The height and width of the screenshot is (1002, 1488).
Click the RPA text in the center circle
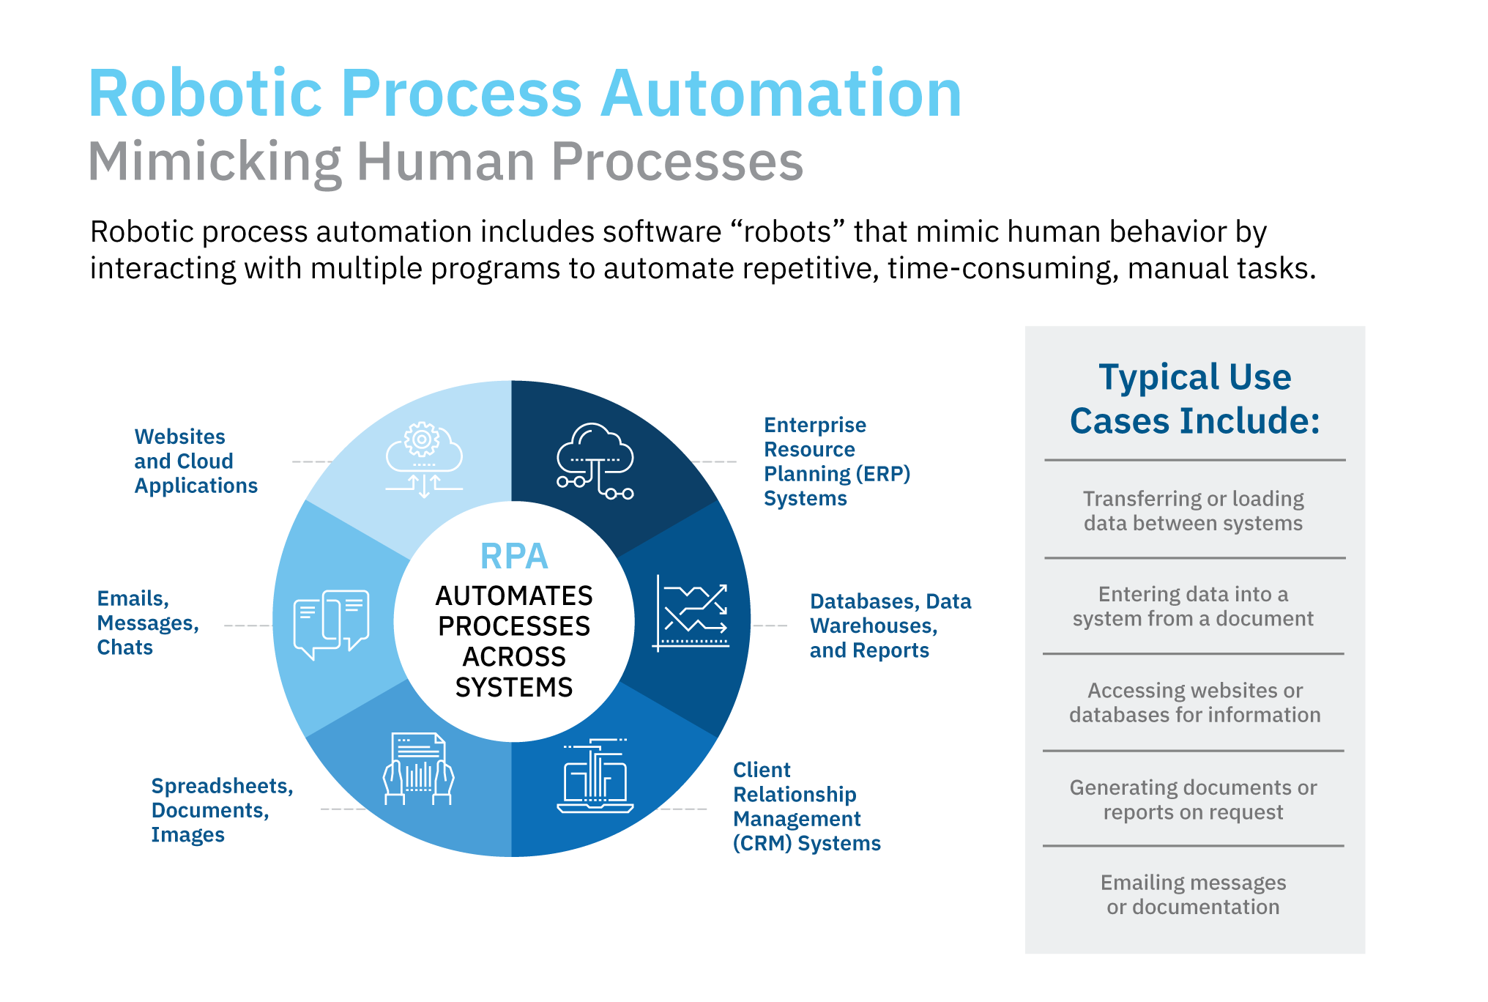click(514, 557)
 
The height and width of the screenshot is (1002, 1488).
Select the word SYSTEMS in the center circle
click(514, 688)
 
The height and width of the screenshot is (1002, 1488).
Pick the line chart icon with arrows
click(691, 614)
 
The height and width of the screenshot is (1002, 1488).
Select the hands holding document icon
click(418, 769)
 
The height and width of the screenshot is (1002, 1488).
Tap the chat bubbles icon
click(331, 623)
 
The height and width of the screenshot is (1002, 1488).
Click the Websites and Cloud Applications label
click(196, 461)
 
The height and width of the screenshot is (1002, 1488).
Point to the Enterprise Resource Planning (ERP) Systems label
click(836, 461)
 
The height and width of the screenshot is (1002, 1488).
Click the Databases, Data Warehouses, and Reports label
click(890, 626)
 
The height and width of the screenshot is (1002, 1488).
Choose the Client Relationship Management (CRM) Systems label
click(806, 806)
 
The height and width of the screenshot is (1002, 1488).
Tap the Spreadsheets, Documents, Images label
click(221, 810)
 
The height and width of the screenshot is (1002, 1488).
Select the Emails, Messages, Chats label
click(147, 623)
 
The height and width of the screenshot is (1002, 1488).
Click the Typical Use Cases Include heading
click(1194, 399)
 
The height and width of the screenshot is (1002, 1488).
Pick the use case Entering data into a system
click(1193, 606)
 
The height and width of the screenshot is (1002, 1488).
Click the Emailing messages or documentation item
click(1193, 894)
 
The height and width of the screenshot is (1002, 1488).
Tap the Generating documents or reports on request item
click(1193, 800)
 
